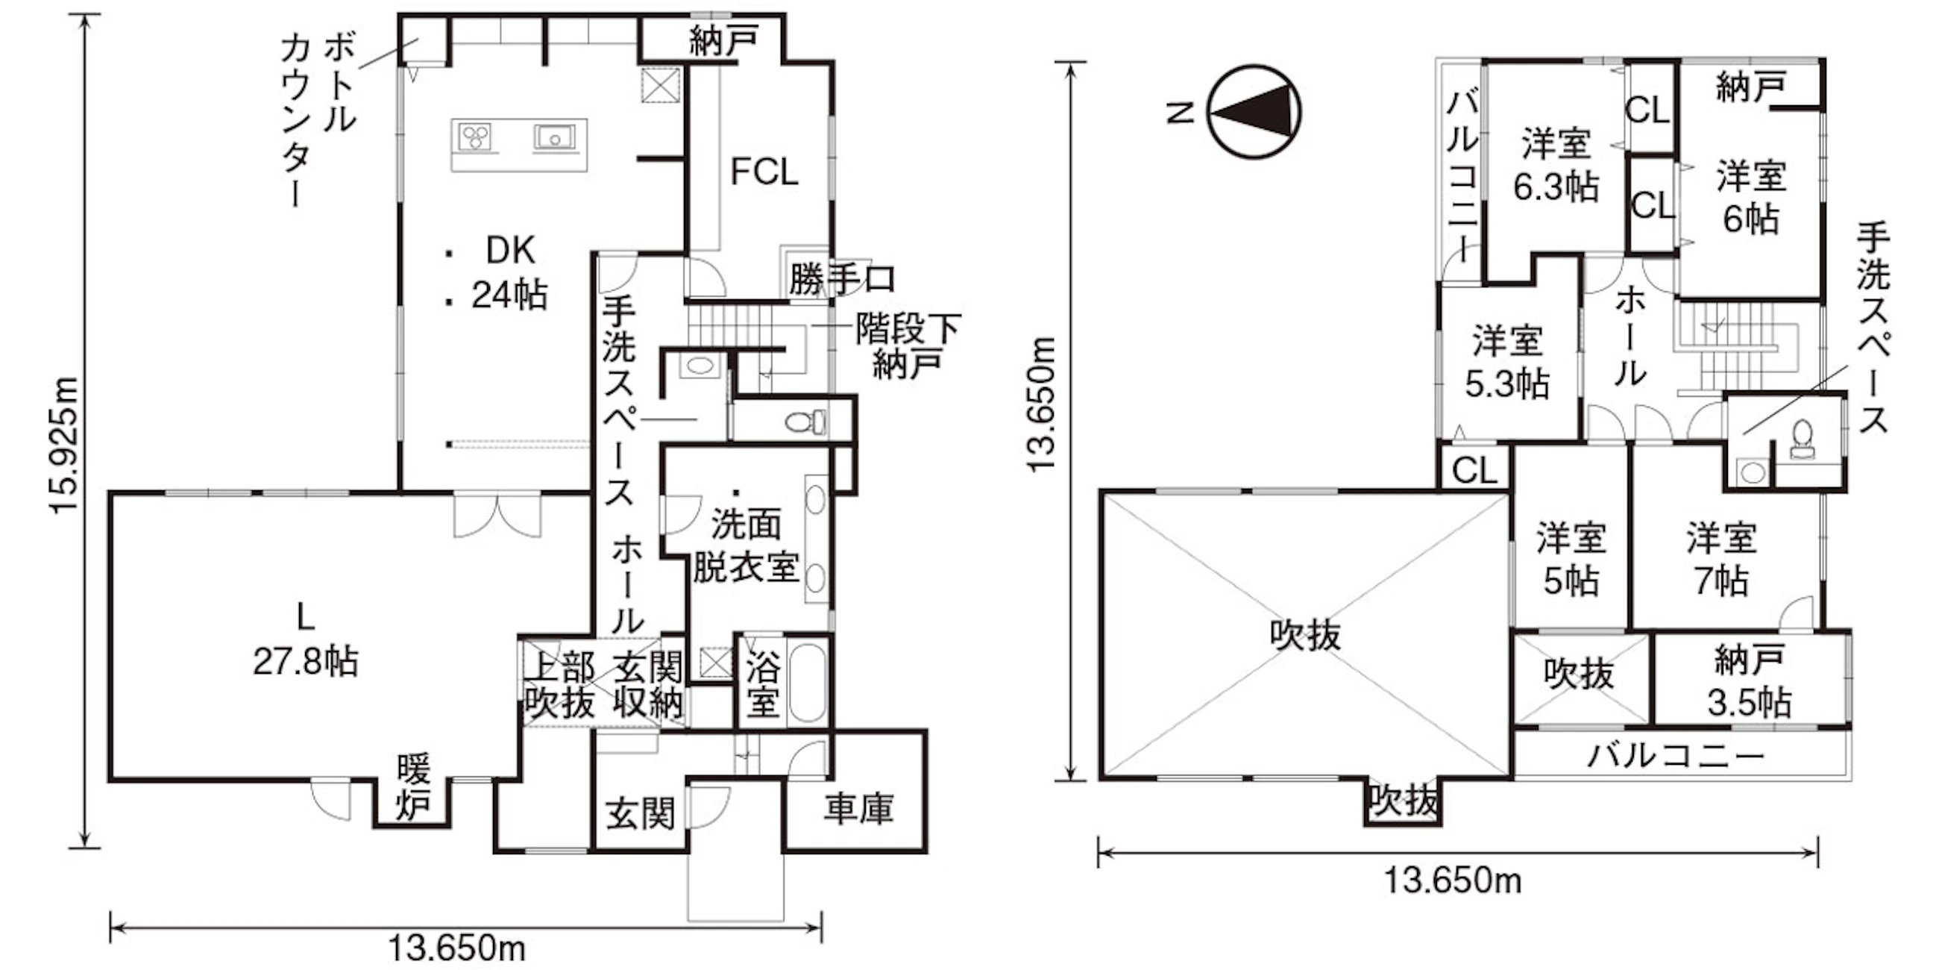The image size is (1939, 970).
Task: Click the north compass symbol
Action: [x=1254, y=111]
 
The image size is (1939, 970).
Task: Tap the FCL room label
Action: [x=764, y=172]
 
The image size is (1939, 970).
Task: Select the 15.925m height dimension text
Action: [x=64, y=444]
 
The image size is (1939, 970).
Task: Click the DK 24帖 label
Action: [x=509, y=272]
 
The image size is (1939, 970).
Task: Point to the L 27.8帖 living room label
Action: [x=305, y=640]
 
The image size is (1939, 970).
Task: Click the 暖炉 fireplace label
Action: [x=413, y=788]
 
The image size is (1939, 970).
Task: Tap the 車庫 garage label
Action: [x=858, y=809]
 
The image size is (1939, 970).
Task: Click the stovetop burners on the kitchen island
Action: [x=475, y=137]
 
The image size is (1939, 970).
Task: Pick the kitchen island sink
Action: [x=555, y=137]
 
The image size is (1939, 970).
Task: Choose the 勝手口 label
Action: [x=841, y=279]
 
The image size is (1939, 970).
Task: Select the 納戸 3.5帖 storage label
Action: [x=1749, y=682]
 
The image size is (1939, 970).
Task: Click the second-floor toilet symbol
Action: [x=1802, y=439]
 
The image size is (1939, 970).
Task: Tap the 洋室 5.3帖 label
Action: [x=1507, y=361]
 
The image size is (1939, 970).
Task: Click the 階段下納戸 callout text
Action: [x=908, y=346]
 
